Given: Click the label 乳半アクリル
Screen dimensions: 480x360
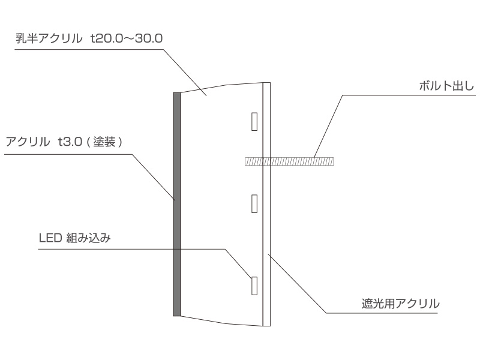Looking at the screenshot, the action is pos(49,38).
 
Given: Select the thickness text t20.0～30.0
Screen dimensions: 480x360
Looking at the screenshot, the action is pos(127,38).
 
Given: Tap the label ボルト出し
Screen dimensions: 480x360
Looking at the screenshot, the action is pos(446,86).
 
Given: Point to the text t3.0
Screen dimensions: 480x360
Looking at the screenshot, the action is pos(70,142).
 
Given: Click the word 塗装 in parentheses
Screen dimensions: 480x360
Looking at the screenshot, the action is pos(104,142).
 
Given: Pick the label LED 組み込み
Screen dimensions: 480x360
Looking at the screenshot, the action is pos(74,238).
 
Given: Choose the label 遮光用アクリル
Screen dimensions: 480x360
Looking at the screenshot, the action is pos(400,304).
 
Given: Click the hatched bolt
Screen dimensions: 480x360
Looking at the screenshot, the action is pos(289,161).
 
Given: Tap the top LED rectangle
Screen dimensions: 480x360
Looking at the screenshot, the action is pos(254,122).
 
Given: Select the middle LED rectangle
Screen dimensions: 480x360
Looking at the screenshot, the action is pos(254,203).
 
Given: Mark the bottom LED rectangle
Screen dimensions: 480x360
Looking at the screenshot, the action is pos(254,286).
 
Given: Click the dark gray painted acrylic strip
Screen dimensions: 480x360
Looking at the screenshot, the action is pos(177,204).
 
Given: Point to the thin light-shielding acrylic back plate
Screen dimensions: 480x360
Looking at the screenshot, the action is pos(266,204).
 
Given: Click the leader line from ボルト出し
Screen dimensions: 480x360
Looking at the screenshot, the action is pos(328,127).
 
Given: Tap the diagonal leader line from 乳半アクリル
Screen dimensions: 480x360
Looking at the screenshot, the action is pos(185,73).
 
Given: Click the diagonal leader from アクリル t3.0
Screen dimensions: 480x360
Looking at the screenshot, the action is pos(154,177).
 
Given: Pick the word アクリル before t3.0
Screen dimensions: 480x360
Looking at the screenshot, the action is pos(28,142).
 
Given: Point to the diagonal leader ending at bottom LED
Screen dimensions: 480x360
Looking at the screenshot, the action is pos(238,263).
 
